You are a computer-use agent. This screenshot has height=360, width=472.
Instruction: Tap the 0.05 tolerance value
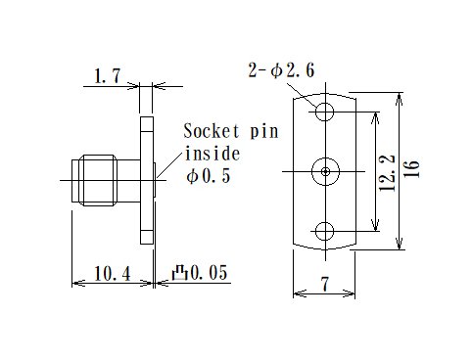(210, 275)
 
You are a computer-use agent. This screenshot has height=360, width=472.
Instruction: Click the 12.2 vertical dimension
(388, 172)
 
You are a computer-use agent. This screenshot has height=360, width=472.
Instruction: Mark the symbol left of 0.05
(180, 275)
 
